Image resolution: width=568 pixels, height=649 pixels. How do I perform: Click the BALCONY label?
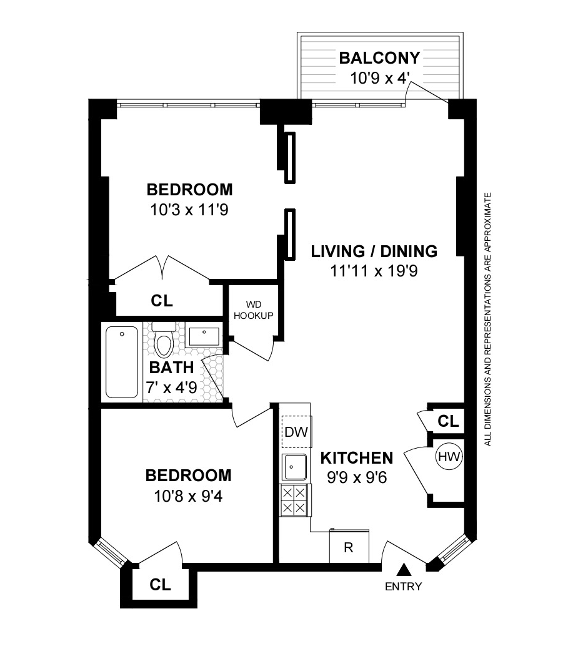[379, 58]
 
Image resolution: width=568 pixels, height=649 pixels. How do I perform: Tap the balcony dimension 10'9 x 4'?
[379, 79]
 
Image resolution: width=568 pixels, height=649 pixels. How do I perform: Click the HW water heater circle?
[449, 457]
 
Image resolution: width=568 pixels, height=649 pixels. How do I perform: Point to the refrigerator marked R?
[349, 547]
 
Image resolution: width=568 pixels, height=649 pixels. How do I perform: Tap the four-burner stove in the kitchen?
[294, 500]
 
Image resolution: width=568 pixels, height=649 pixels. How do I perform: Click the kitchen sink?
[294, 466]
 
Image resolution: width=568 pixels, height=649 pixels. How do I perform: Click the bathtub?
[122, 362]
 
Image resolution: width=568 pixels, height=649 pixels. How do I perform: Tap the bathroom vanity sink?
[204, 338]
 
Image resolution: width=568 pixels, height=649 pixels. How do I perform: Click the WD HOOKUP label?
[254, 310]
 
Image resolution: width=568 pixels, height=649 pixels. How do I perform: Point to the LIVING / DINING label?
[374, 251]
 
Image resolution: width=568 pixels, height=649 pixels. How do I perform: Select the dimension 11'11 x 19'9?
[374, 271]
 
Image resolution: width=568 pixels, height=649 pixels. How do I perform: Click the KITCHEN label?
[357, 458]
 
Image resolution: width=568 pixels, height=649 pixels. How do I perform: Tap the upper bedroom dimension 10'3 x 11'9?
[189, 210]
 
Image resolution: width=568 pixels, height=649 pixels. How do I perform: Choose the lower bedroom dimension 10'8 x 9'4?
[188, 496]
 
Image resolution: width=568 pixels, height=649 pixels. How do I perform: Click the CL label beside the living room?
[448, 421]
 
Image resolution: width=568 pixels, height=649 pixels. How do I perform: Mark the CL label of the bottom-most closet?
[161, 585]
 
